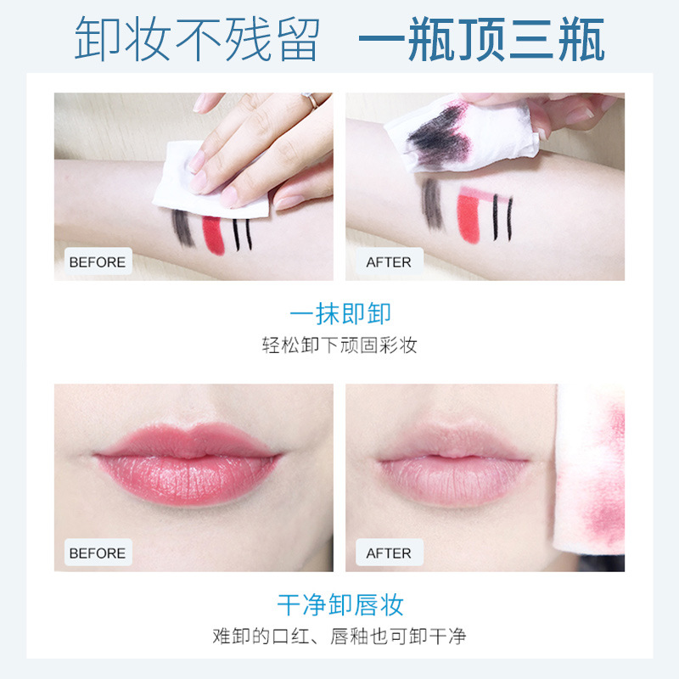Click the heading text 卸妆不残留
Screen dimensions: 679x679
coord(198,39)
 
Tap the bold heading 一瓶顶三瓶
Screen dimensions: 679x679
coord(481,39)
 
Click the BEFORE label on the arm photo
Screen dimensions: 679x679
coord(98,262)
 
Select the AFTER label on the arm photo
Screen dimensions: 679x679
coord(389,262)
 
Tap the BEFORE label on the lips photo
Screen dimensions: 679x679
coord(98,553)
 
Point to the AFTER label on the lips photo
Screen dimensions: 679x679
coord(389,553)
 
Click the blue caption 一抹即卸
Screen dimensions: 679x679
coord(340,313)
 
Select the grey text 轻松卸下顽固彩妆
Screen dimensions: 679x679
coord(339,345)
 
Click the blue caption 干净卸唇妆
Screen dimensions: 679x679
coord(340,604)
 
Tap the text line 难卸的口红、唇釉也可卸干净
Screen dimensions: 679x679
coord(339,636)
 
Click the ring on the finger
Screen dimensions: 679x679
coord(311,100)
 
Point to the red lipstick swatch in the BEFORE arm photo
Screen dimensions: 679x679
coord(214,236)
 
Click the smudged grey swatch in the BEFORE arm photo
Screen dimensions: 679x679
coord(182,228)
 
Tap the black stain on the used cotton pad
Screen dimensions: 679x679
coord(436,134)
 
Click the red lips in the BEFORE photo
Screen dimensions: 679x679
coord(187,463)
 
